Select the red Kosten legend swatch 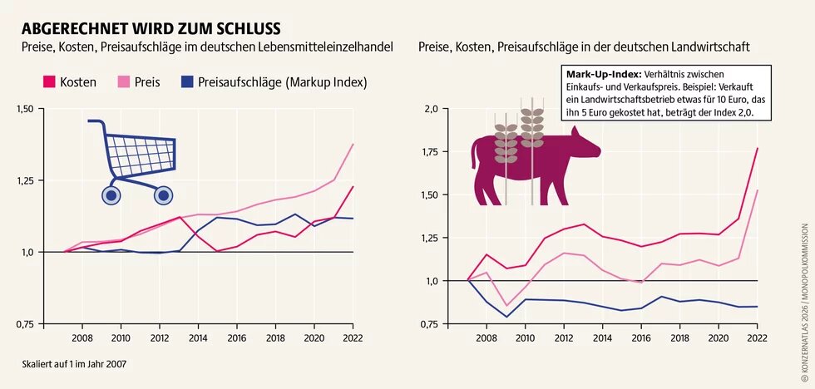point(49,82)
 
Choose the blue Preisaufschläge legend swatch point(187,82)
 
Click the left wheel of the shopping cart point(111,195)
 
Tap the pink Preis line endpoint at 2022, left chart point(353,145)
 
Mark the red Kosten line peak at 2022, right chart point(757,148)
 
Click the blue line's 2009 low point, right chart point(506,317)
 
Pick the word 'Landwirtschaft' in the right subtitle point(710,48)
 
